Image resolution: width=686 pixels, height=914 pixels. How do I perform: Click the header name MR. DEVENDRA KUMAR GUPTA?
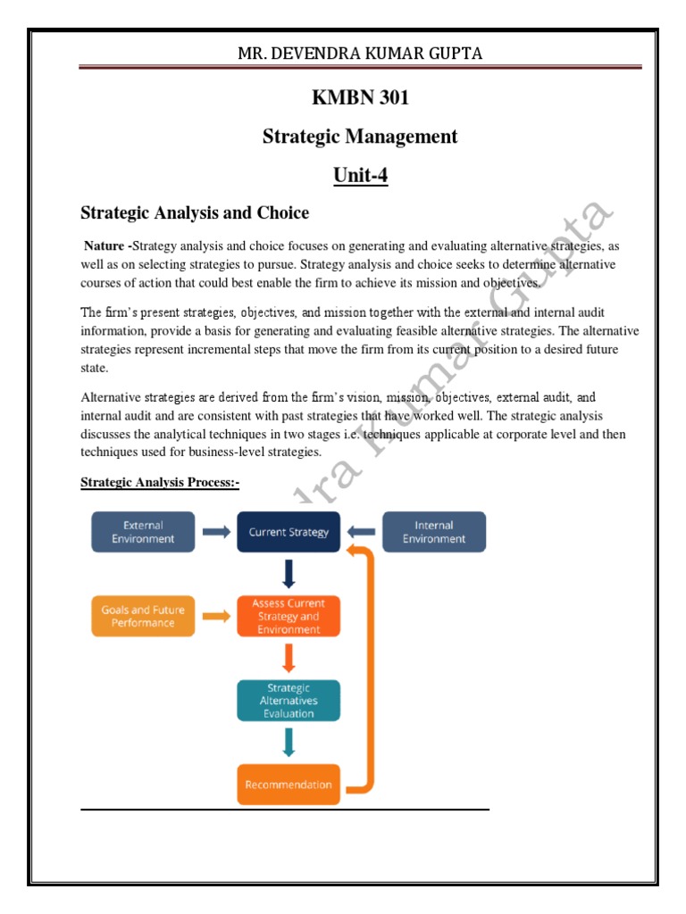359,54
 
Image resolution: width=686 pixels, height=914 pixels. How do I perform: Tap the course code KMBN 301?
359,98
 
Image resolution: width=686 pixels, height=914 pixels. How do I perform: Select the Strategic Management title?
359,137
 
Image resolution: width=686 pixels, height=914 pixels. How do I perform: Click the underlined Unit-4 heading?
361,175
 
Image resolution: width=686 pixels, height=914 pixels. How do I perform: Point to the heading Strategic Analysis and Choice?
195,213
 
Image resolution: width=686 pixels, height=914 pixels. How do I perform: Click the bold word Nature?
105,245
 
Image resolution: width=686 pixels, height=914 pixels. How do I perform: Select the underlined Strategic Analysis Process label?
161,483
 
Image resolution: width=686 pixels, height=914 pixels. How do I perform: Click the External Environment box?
143,532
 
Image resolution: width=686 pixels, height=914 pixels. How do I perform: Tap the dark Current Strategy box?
289,532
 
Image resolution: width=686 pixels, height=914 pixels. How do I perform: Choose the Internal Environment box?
434,532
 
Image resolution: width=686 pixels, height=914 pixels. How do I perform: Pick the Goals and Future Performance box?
143,616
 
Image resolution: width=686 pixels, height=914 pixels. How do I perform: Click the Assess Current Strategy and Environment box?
289,616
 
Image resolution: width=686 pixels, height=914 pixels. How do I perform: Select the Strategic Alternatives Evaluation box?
289,701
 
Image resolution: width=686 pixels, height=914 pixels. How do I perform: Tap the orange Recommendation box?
289,785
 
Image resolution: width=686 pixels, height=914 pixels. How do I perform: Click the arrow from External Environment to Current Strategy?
215,532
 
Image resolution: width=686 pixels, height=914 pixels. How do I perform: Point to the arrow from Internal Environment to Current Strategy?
362,532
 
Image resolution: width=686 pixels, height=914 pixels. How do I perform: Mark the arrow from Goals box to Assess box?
215,616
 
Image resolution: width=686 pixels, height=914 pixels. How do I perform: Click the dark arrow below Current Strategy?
289,574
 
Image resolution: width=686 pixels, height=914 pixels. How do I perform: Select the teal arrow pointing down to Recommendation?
289,743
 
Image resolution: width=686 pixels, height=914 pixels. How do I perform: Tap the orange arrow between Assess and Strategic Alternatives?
289,659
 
